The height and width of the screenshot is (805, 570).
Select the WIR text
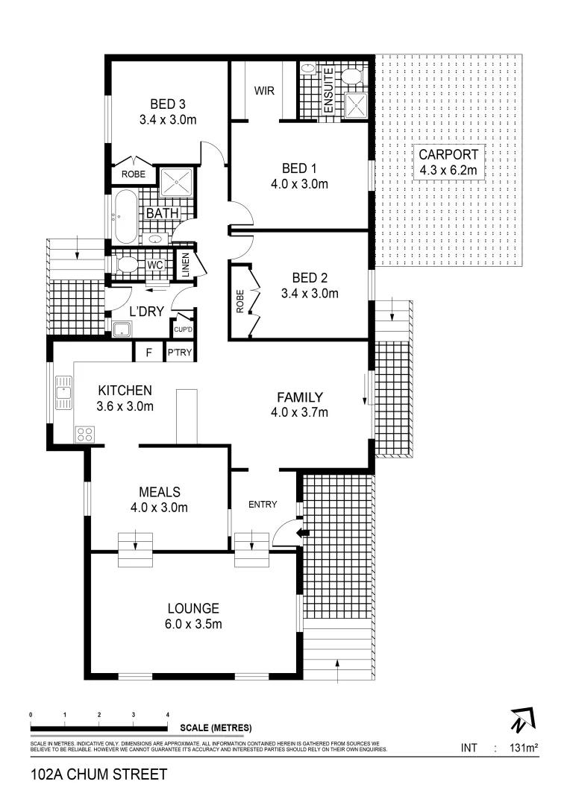click(x=263, y=91)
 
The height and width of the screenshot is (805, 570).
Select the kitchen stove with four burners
click(x=84, y=435)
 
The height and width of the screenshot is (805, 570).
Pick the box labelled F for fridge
click(x=148, y=353)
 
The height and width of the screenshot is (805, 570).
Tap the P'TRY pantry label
click(x=179, y=353)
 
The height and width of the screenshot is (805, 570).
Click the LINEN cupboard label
click(x=184, y=266)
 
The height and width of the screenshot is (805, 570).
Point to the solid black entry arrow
click(x=301, y=532)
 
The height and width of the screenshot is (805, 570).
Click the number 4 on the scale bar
click(x=168, y=714)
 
